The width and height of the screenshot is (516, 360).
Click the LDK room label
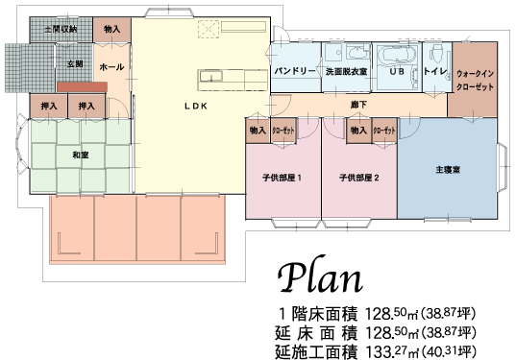coord(195,106)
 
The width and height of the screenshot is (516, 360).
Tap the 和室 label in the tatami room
coord(81,155)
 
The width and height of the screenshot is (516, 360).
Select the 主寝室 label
coord(448,170)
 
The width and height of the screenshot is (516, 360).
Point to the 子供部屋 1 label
coord(283,179)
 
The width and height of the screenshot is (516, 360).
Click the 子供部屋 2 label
coord(359,179)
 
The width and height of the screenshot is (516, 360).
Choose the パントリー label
coord(295,71)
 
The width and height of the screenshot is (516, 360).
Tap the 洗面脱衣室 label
coord(347,71)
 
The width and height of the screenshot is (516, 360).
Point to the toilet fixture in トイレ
coord(437,54)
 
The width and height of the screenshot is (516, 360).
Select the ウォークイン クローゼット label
coord(475,81)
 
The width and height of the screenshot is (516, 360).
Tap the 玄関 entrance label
coord(75,63)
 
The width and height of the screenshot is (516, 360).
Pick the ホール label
coord(111,67)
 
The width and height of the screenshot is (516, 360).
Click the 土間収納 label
coord(61,29)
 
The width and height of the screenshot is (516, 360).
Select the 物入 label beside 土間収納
coord(112,29)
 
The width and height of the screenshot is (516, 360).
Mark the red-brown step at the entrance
coord(82,87)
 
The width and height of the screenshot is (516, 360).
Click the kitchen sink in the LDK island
coord(210,76)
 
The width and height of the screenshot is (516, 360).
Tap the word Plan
coord(320,278)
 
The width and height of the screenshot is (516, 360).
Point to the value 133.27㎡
coord(392,351)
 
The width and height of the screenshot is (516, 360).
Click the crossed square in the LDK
coord(209,29)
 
